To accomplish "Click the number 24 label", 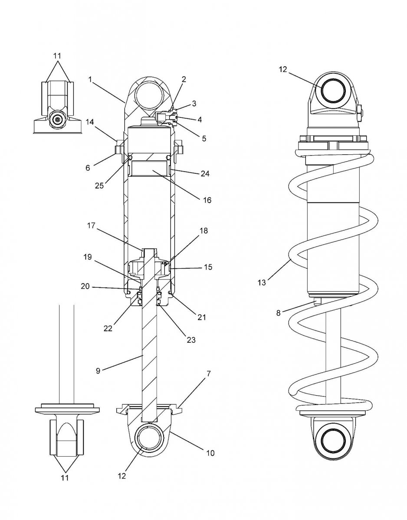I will point(205,174).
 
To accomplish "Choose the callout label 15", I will point(207,267).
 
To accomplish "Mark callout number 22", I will point(107,328).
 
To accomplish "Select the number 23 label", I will point(190,340).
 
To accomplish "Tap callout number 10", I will point(210,453).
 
